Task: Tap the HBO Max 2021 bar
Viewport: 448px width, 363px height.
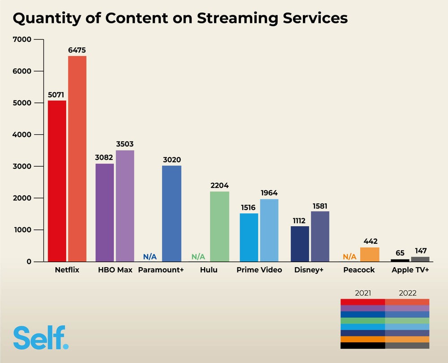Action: click(105, 212)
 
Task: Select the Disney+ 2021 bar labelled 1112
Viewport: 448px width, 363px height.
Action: click(300, 244)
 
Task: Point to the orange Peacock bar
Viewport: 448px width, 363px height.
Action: click(370, 254)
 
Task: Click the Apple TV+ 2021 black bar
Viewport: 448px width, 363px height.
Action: click(400, 260)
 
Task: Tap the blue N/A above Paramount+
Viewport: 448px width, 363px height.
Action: click(150, 257)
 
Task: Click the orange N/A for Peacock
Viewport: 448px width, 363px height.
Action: click(349, 257)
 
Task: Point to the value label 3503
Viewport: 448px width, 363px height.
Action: click(125, 144)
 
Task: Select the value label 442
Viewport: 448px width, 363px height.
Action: click(370, 242)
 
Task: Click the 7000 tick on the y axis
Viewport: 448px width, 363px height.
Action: click(23, 39)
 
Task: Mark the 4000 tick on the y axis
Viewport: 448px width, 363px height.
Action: click(23, 134)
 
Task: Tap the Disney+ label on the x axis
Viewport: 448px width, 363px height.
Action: click(309, 270)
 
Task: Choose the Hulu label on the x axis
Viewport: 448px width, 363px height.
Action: click(209, 270)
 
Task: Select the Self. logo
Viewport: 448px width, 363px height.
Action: click(41, 338)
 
